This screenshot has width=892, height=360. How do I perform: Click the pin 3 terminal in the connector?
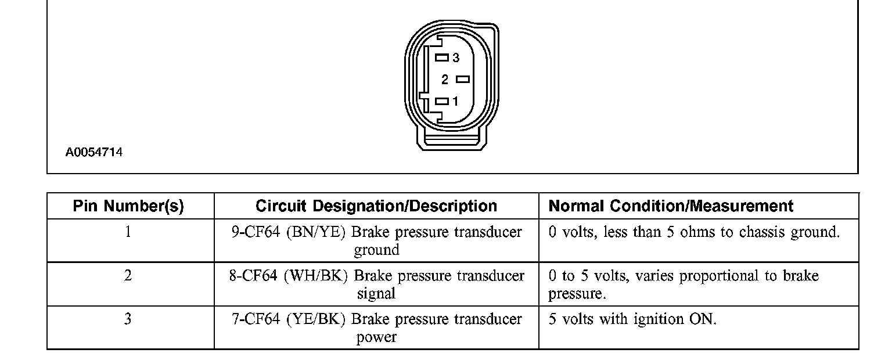tap(442, 57)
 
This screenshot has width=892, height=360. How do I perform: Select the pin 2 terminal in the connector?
tap(463, 79)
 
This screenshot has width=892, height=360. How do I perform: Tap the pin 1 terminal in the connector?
tap(442, 101)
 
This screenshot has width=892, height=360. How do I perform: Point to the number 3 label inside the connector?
tap(456, 57)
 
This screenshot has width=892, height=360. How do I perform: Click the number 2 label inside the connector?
tap(445, 80)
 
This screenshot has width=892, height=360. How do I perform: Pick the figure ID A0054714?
tap(93, 153)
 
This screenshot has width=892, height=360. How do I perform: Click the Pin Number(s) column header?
tap(128, 206)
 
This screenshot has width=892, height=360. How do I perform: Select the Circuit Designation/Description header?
tap(376, 206)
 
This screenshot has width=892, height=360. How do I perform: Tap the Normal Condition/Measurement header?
tap(671, 206)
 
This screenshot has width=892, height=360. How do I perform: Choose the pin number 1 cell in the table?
tap(128, 232)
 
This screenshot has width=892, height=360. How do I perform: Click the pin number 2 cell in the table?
tap(128, 275)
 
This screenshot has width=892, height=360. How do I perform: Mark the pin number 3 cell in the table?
tap(128, 319)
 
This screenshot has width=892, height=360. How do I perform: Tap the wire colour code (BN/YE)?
tap(315, 232)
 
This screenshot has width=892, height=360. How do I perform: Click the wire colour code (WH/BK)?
tap(316, 275)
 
